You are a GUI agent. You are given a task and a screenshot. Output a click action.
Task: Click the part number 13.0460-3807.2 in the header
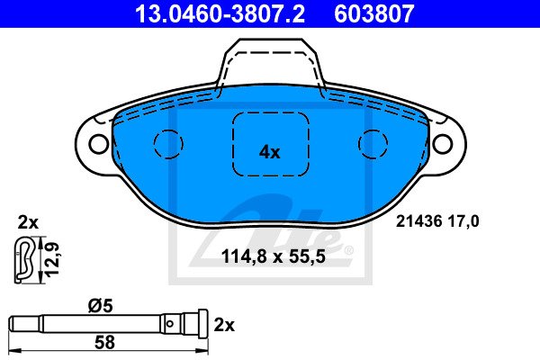click(x=220, y=13)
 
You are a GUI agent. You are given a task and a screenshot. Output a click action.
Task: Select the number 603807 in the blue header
click(x=374, y=13)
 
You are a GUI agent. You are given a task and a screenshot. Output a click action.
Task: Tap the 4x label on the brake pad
click(x=270, y=152)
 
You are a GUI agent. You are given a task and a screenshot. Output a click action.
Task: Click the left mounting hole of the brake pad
click(x=98, y=144)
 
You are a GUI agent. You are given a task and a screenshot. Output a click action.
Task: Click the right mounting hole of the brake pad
click(x=443, y=144)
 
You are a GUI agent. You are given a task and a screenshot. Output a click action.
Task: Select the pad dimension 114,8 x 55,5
click(x=274, y=256)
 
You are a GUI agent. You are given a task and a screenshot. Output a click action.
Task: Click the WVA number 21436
click(x=418, y=221)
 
